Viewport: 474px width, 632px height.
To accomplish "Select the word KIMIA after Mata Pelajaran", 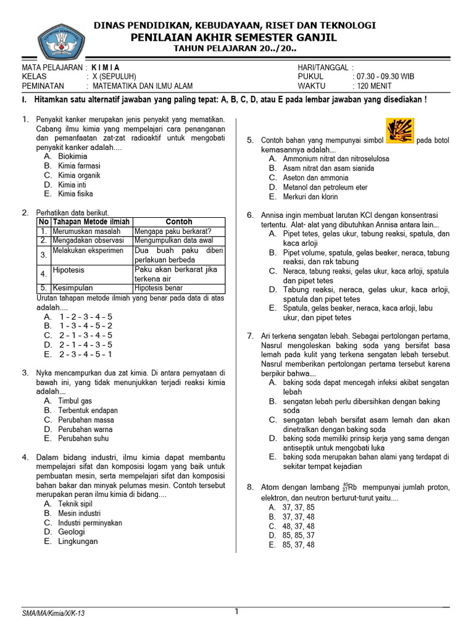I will [106, 67].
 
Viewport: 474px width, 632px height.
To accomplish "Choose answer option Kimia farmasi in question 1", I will [79, 166].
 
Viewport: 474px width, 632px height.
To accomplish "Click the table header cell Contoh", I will [179, 222].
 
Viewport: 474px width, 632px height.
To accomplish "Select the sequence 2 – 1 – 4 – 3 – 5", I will [86, 345].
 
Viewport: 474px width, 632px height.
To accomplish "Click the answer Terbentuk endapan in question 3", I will [88, 410].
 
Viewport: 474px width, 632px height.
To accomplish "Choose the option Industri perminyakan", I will [90, 523].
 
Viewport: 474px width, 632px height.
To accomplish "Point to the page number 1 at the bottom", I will [236, 612].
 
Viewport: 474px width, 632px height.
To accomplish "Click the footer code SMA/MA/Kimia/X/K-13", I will [53, 613].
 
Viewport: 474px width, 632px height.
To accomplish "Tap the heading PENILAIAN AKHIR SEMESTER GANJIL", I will [234, 37].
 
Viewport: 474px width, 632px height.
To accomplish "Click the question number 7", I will [250, 336].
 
